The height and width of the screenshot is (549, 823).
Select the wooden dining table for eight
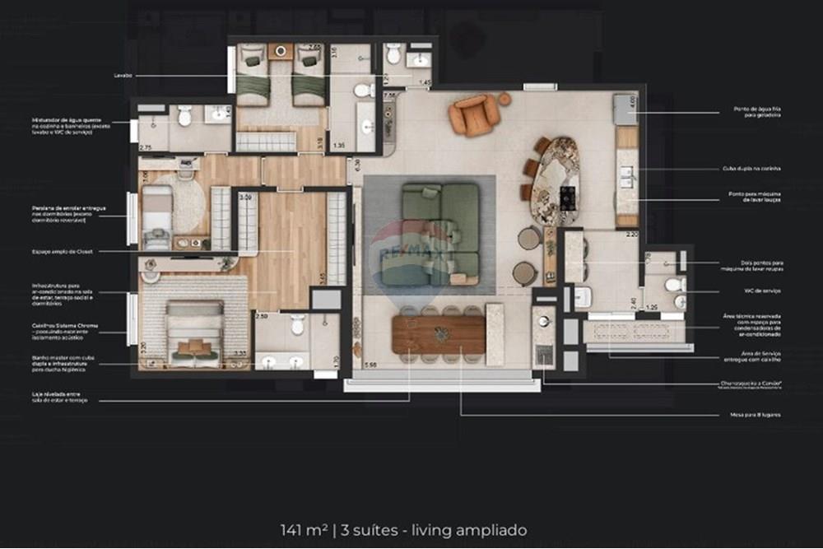(x=438, y=334)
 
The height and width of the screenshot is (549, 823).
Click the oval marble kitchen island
(x=555, y=179)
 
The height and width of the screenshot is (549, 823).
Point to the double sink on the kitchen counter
(x=627, y=174)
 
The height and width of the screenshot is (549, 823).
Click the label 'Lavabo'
(x=124, y=75)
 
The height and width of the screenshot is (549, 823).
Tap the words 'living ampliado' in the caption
(x=478, y=530)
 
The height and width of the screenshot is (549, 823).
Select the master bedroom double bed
(x=195, y=333)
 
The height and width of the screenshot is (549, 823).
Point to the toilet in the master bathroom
(x=298, y=325)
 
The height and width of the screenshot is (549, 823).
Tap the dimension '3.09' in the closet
(x=245, y=198)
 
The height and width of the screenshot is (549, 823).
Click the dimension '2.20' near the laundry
(x=631, y=235)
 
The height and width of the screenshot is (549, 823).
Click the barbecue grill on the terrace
(x=544, y=355)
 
